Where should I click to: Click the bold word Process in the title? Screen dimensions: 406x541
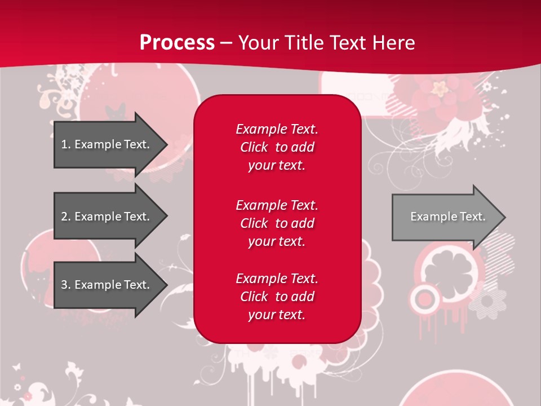177,42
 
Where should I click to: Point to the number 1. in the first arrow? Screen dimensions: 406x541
65,144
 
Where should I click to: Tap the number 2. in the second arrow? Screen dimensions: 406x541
65,217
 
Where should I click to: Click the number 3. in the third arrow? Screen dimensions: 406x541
65,285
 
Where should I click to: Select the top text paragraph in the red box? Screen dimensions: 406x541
277,147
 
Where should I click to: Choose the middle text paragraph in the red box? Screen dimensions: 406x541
277,223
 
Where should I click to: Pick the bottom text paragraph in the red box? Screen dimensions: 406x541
277,297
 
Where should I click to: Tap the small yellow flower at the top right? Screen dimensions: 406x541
440,87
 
